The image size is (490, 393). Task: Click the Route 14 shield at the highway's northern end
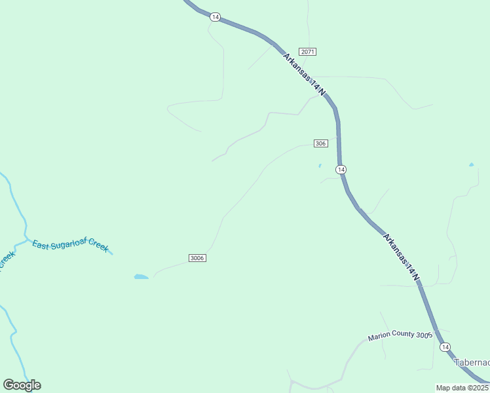click(x=215, y=17)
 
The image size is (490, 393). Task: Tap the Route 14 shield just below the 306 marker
click(x=341, y=170)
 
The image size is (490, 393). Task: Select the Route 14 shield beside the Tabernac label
click(x=445, y=346)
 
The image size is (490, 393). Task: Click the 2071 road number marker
click(x=308, y=51)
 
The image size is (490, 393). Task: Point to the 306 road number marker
click(x=320, y=143)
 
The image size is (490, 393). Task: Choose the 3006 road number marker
click(x=197, y=258)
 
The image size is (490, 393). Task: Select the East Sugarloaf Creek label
click(x=70, y=245)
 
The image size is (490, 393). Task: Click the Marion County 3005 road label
click(x=400, y=335)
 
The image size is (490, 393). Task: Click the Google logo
click(x=22, y=385)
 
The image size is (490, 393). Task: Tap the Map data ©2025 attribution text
click(x=462, y=388)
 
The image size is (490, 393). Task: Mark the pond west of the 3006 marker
click(x=141, y=277)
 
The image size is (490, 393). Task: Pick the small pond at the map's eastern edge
click(x=471, y=164)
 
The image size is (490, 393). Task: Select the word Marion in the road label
click(x=380, y=337)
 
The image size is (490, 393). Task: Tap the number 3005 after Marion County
click(x=424, y=334)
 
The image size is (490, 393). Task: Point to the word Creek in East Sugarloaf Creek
click(x=99, y=246)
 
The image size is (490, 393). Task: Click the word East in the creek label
click(x=41, y=245)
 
